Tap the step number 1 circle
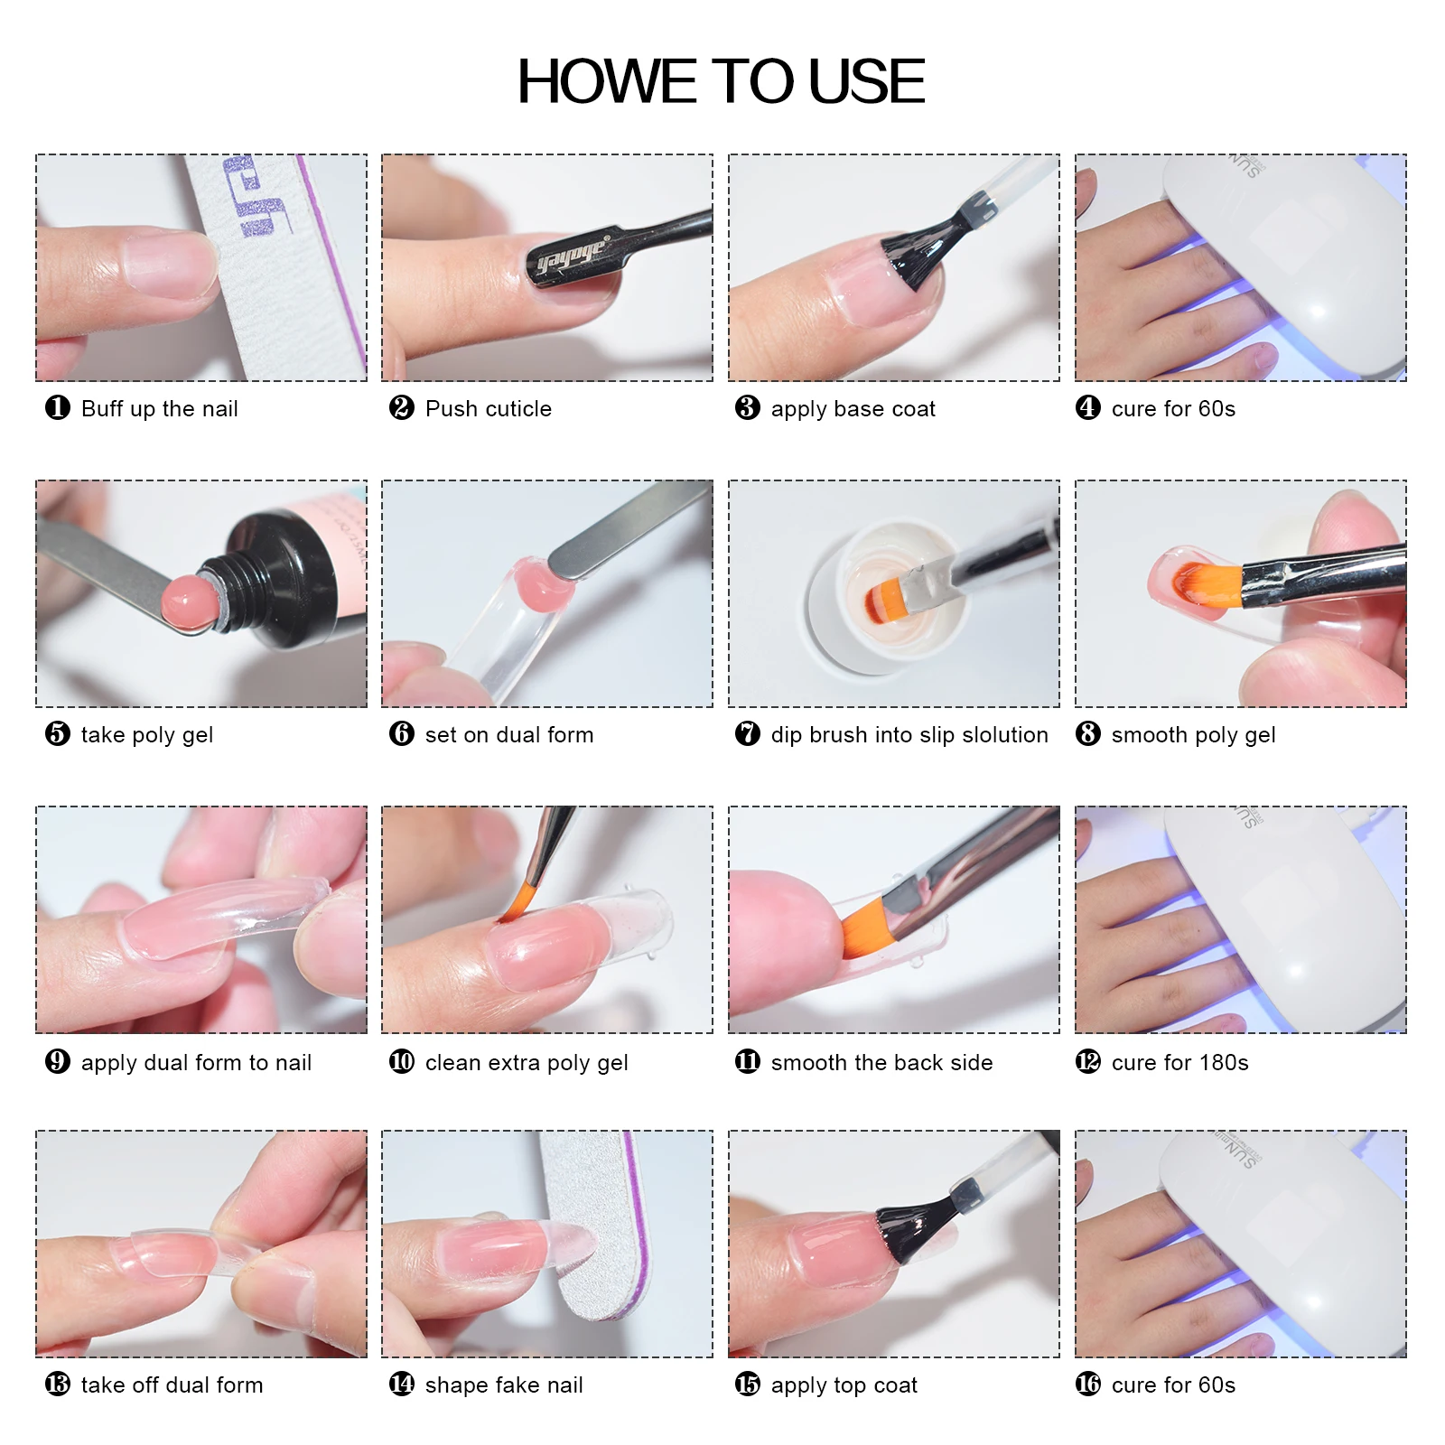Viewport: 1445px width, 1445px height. [x=58, y=408]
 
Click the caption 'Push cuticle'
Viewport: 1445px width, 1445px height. [x=488, y=409]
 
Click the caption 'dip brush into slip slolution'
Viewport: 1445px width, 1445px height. [x=909, y=735]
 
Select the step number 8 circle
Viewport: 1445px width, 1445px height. [x=1088, y=734]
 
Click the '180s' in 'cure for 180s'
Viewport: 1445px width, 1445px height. [x=1225, y=1063]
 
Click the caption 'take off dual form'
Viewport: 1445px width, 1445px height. [x=172, y=1385]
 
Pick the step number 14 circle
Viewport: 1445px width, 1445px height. [x=402, y=1384]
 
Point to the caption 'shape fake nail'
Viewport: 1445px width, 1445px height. [x=503, y=1385]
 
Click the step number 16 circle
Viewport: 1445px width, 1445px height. [x=1088, y=1384]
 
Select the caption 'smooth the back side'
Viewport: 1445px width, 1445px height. [x=881, y=1063]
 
